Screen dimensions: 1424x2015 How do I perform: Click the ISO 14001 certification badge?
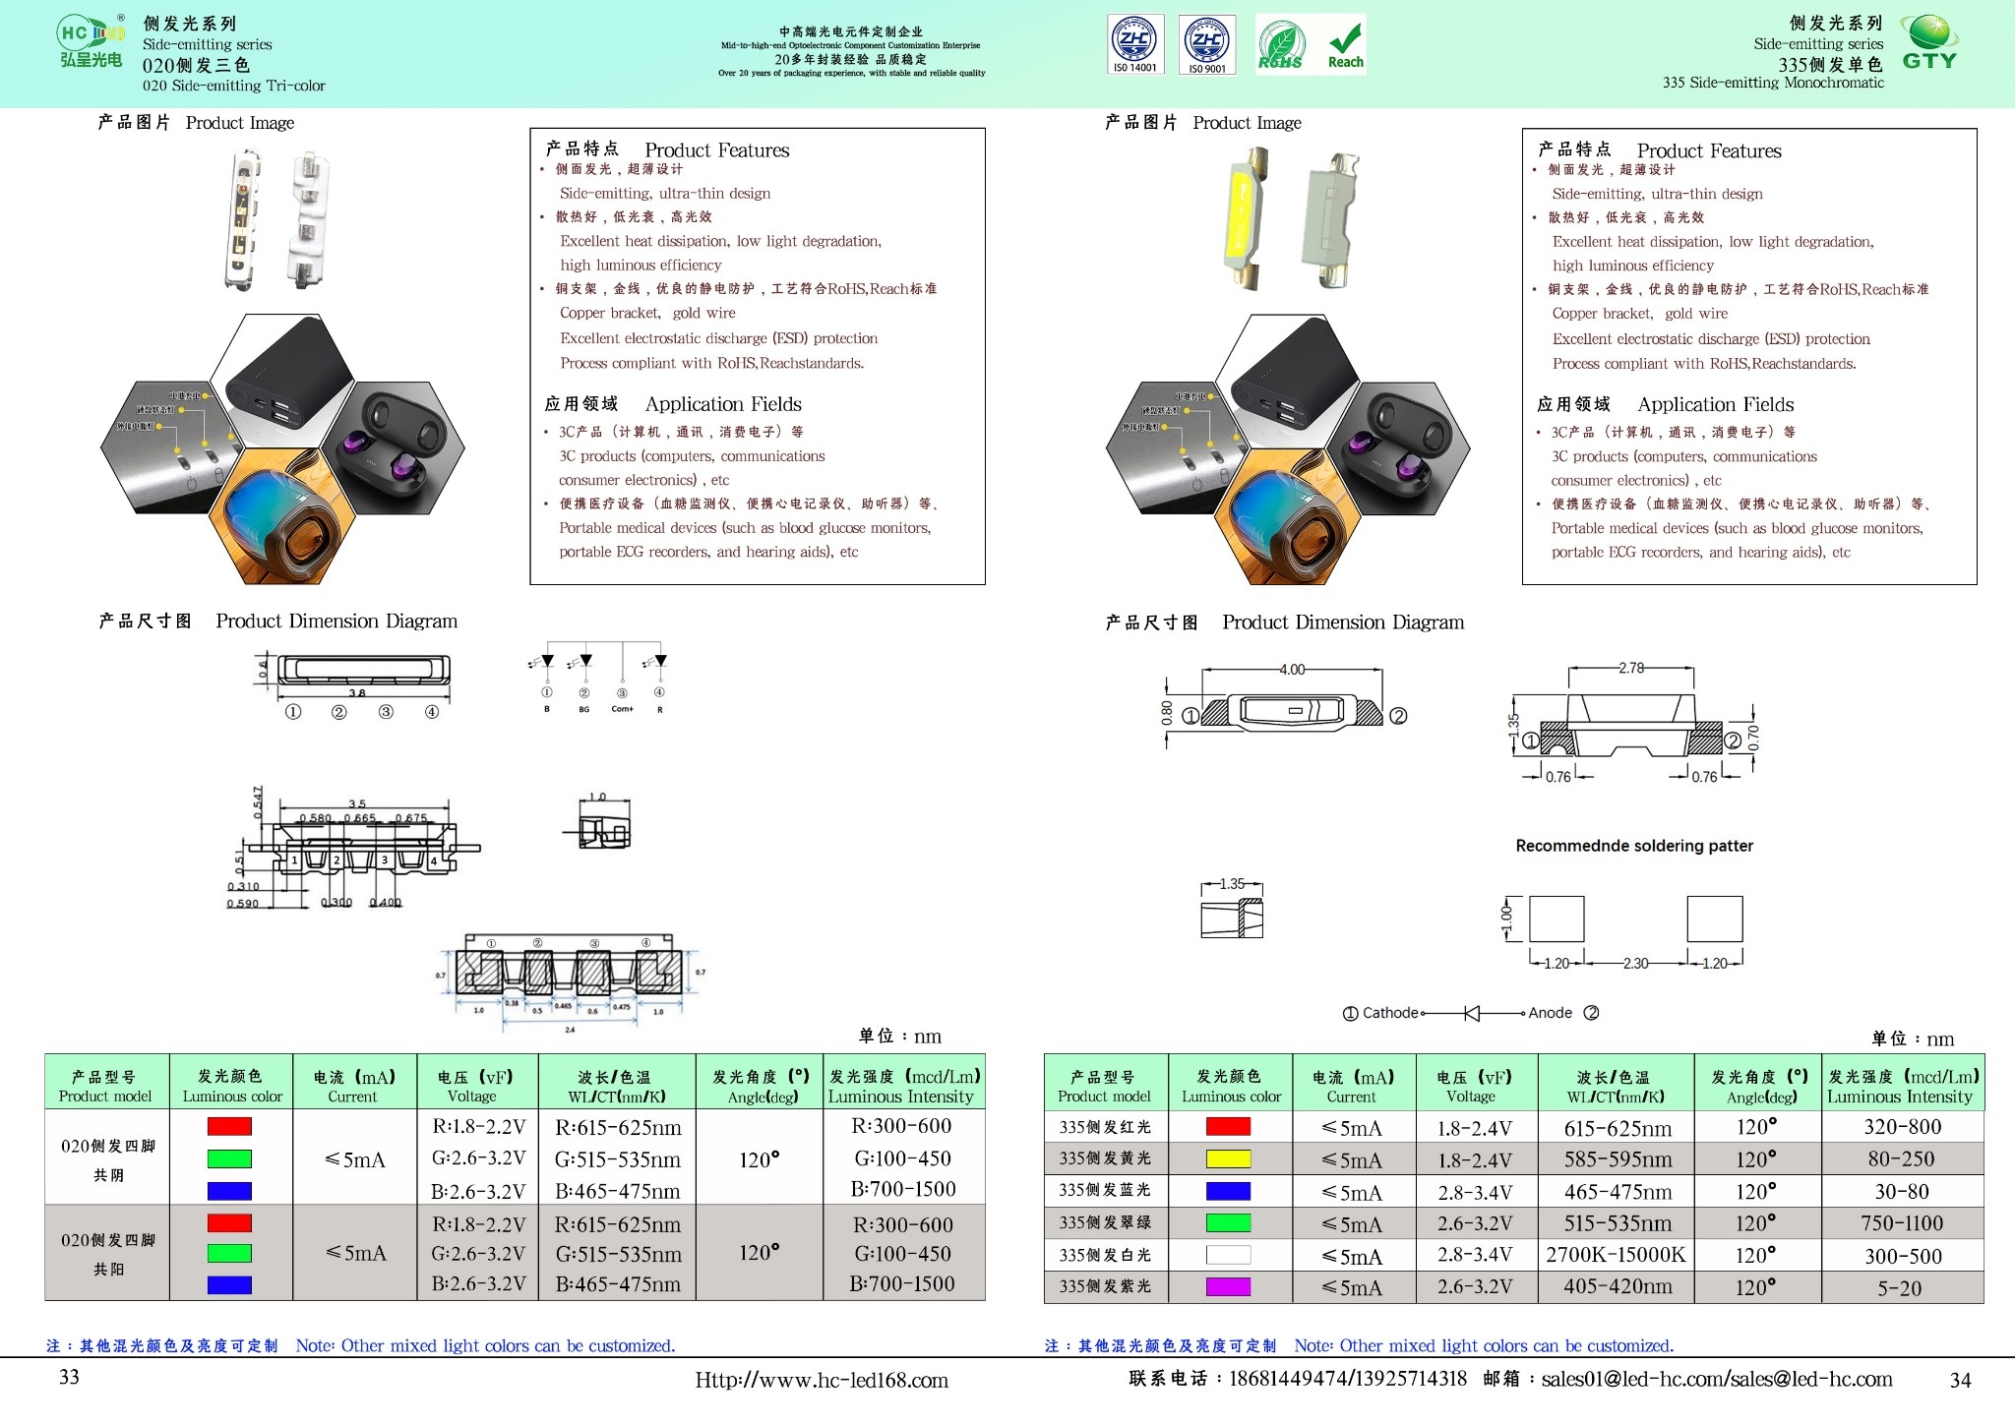coord(1136,44)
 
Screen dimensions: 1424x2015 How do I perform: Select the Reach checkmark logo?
coord(1345,45)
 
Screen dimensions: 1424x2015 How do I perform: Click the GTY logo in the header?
coord(1929,43)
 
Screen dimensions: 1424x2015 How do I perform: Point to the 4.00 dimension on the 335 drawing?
coord(1292,670)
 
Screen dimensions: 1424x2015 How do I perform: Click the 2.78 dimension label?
coord(1631,668)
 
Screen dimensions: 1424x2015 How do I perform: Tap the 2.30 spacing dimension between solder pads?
coord(1635,964)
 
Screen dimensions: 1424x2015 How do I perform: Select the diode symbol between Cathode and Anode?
coord(1473,1013)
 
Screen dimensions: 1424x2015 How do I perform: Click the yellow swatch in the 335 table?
coord(1228,1159)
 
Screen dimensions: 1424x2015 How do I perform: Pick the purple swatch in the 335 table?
coord(1228,1286)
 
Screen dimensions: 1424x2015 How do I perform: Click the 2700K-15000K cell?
coord(1616,1255)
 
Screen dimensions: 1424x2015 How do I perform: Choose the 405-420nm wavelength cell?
coord(1616,1286)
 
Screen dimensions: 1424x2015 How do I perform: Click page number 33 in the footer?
coord(69,1377)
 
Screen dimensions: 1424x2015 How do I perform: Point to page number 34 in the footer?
coord(1960,1381)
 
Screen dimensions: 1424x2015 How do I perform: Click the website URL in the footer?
coord(822,1381)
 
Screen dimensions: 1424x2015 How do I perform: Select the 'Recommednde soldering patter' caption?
coord(1634,846)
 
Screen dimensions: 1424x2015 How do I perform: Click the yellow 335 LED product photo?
coord(1245,218)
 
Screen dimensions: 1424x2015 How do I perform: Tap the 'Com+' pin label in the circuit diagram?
coord(622,709)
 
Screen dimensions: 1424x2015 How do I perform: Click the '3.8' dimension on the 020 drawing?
coord(357,693)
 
